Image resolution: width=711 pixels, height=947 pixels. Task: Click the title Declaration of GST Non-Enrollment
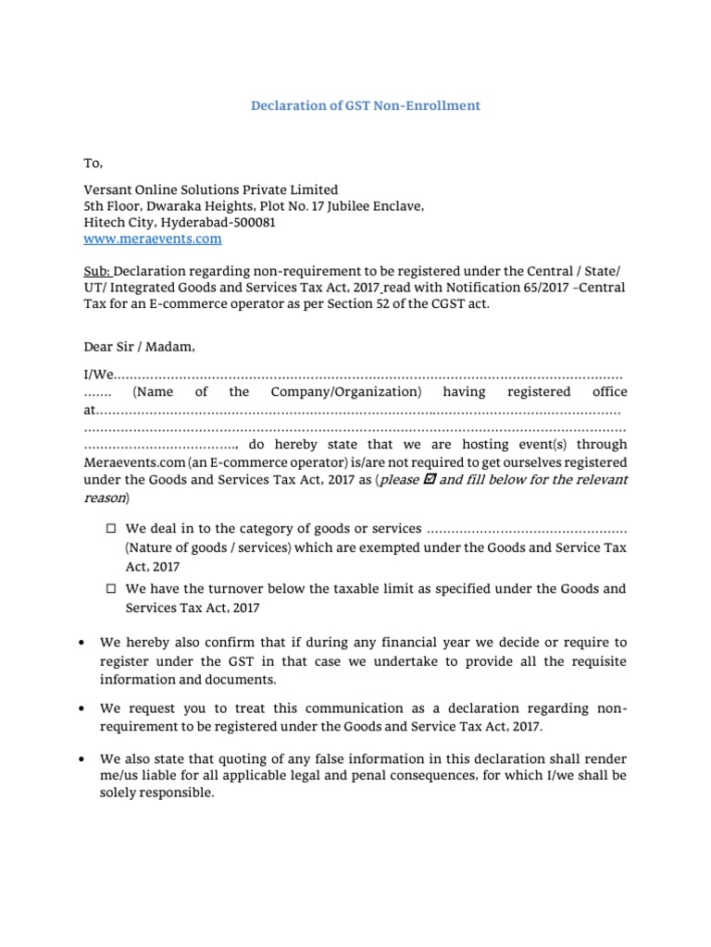click(x=366, y=105)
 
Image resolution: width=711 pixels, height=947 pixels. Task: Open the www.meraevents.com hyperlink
click(x=153, y=239)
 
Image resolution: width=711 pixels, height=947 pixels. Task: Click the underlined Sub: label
click(x=98, y=270)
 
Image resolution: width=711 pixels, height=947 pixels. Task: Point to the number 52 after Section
click(x=382, y=303)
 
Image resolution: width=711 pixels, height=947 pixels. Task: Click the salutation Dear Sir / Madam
click(x=139, y=347)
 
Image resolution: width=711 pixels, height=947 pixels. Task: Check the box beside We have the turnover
click(x=110, y=588)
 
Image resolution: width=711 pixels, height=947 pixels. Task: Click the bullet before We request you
click(x=86, y=708)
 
